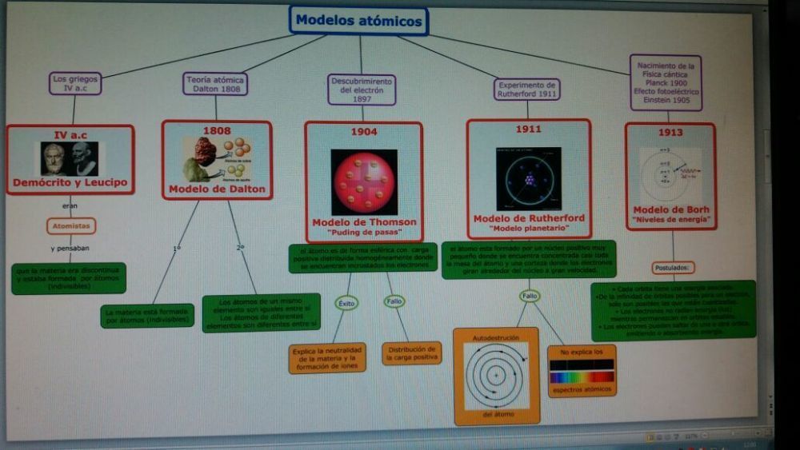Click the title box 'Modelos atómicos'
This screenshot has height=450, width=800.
point(358,21)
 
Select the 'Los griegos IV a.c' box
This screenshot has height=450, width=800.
point(74,83)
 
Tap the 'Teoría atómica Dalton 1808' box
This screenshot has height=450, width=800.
point(215,84)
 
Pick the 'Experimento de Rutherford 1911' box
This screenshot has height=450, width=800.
point(526,90)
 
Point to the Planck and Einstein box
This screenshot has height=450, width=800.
point(666,82)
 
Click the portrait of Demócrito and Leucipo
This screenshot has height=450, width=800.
point(70,158)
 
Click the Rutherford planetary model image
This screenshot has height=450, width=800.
point(528,178)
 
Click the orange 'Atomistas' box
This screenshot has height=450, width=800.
point(70,226)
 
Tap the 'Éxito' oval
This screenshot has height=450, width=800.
point(347,303)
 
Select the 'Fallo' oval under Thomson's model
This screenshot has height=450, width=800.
point(394,301)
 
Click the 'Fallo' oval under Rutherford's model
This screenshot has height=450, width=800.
point(530,296)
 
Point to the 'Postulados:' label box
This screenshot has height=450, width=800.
point(673,268)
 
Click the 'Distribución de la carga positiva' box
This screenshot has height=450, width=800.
point(412,353)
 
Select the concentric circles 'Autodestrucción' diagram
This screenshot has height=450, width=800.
point(496,375)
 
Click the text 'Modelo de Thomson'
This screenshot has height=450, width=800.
point(364,222)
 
